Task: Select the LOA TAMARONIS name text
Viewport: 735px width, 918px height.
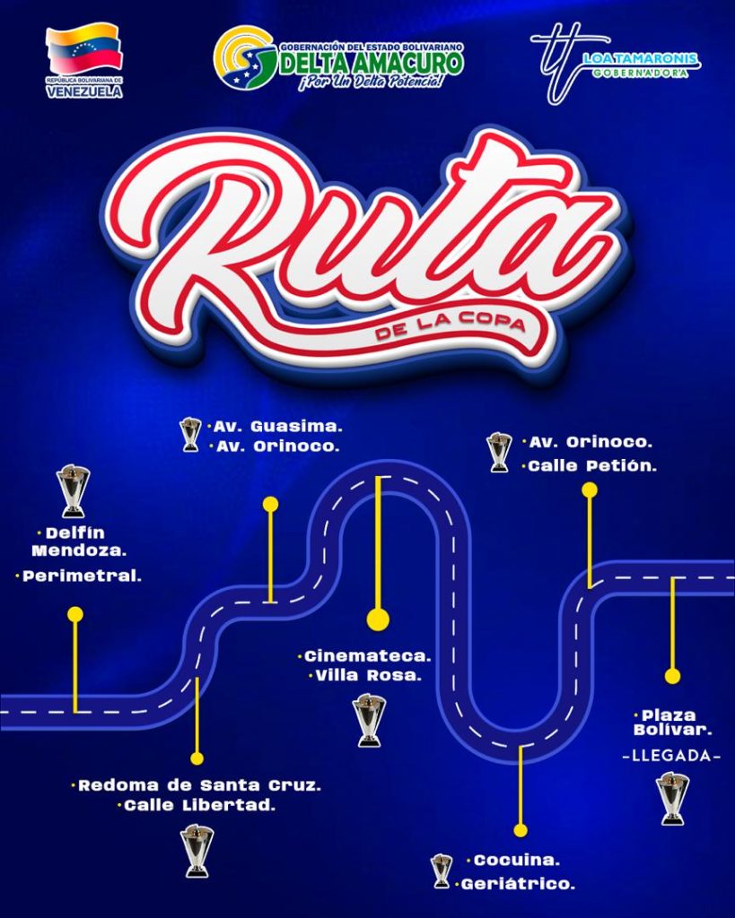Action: [641, 58]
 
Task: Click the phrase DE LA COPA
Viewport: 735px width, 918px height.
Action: [450, 327]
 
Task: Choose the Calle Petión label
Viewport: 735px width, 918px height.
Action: [592, 466]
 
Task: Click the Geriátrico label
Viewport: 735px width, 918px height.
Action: [518, 884]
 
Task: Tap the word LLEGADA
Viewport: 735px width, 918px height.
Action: [671, 756]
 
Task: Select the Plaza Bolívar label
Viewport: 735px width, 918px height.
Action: [672, 723]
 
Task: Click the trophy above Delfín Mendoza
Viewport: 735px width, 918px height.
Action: [74, 491]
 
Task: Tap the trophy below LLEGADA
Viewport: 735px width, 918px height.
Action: [672, 799]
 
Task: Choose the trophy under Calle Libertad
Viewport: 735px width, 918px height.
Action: [197, 851]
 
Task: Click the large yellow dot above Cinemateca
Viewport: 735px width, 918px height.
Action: [378, 619]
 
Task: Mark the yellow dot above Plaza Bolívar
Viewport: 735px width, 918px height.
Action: [672, 676]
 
